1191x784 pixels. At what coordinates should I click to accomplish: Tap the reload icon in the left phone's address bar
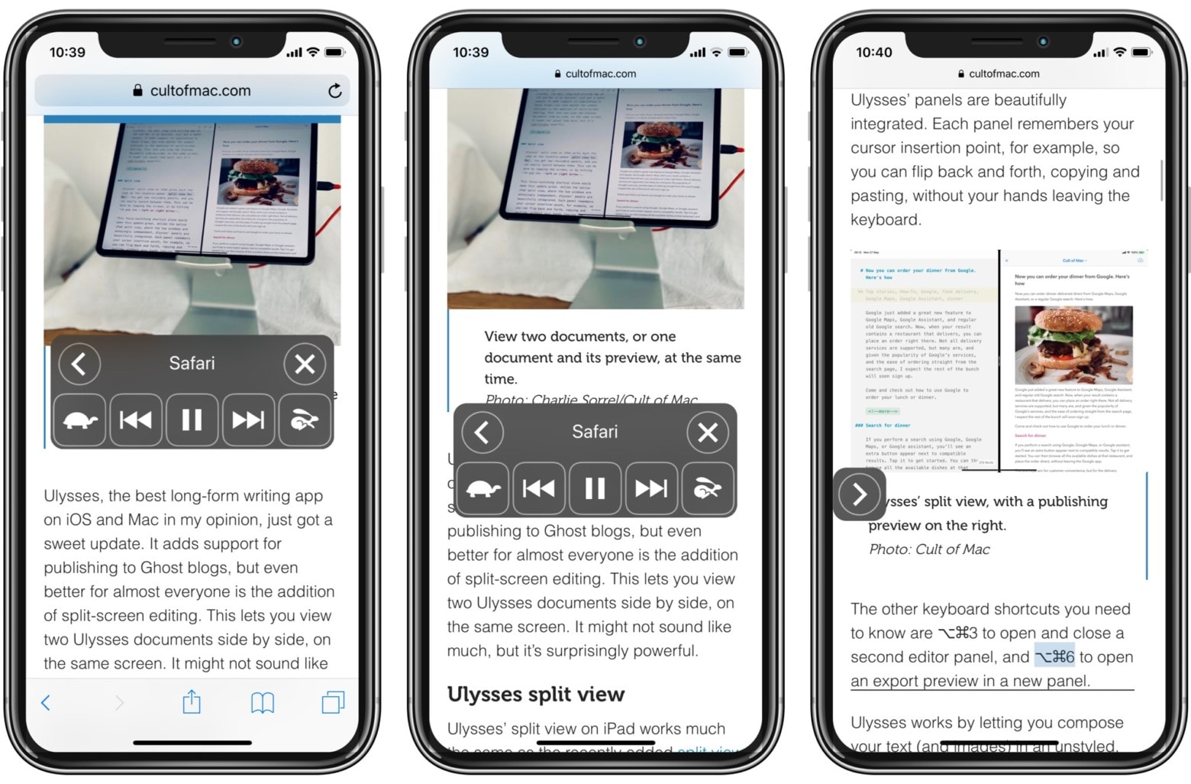pos(334,91)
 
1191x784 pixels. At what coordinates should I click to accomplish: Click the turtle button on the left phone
pos(79,420)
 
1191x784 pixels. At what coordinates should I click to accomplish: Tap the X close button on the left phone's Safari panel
pos(305,364)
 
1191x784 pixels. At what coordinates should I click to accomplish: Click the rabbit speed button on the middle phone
pos(707,488)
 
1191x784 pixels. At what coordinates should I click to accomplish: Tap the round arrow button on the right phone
pos(859,494)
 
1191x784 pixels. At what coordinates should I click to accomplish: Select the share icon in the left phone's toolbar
pos(192,701)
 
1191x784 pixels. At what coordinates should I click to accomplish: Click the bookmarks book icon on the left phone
pos(263,701)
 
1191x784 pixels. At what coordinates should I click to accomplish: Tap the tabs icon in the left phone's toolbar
pos(333,701)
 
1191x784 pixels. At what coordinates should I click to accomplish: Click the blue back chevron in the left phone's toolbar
pos(46,702)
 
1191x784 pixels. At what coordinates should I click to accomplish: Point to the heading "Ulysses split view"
pos(536,694)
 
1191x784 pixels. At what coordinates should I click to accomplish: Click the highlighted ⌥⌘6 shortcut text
pos(1054,657)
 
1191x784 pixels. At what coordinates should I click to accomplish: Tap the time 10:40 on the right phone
pos(873,52)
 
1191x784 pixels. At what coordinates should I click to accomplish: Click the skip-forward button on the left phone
pos(248,420)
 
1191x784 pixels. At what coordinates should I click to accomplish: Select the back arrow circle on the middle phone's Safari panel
pos(482,432)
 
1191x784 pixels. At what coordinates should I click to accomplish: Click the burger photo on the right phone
pos(1073,344)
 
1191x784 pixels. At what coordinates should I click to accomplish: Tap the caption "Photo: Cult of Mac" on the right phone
pos(929,549)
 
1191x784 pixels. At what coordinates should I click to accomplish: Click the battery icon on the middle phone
pos(738,53)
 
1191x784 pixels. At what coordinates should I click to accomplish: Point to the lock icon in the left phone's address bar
pos(137,90)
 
